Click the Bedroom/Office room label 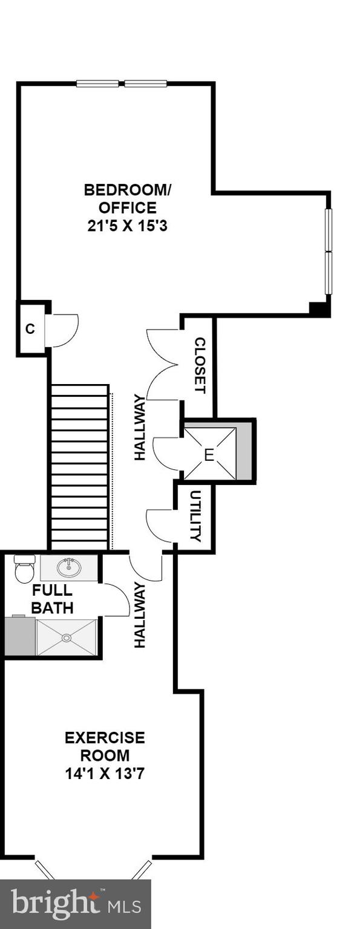click(x=128, y=199)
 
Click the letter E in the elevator click(x=209, y=455)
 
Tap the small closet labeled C click(x=30, y=329)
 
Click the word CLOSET click(x=200, y=365)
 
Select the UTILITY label click(x=195, y=516)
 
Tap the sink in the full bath click(x=68, y=567)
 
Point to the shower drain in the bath click(x=66, y=637)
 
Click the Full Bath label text click(x=52, y=599)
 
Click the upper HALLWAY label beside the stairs click(x=140, y=427)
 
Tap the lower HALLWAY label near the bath click(x=140, y=615)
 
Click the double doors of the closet click(x=162, y=365)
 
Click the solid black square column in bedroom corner click(x=318, y=308)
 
